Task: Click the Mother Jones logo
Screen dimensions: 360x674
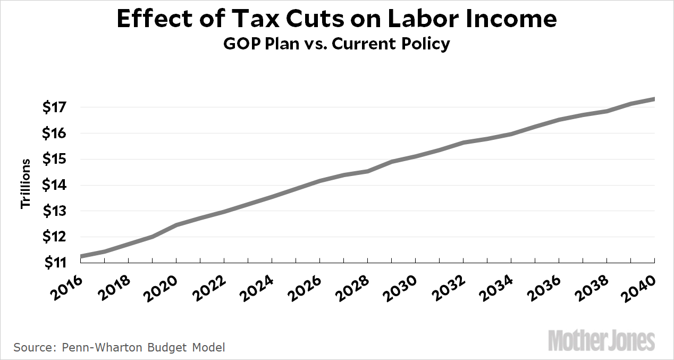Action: (601, 340)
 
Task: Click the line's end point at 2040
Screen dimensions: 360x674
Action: (653, 99)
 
